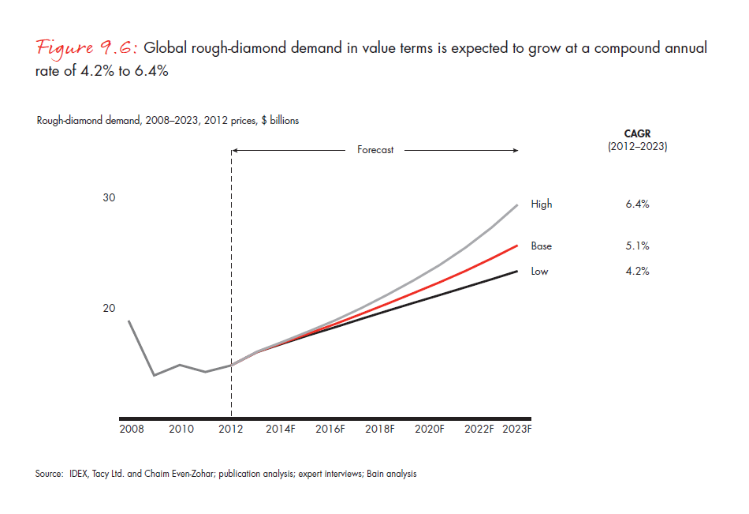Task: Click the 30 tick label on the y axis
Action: pyautogui.click(x=110, y=197)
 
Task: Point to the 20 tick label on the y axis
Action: pyautogui.click(x=110, y=308)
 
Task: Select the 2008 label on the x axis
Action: pyautogui.click(x=132, y=429)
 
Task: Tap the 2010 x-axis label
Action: pyautogui.click(x=181, y=429)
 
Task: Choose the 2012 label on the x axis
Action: pyautogui.click(x=231, y=429)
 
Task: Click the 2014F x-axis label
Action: pyautogui.click(x=281, y=429)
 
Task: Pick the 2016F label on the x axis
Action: pyautogui.click(x=330, y=429)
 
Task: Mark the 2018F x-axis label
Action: pyautogui.click(x=380, y=429)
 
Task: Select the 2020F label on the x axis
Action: pyautogui.click(x=430, y=429)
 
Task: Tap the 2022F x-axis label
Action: pyautogui.click(x=479, y=429)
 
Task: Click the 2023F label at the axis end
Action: pyautogui.click(x=517, y=429)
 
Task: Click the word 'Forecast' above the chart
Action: pyautogui.click(x=374, y=149)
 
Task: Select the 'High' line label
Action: pyautogui.click(x=542, y=204)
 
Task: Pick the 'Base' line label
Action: pyautogui.click(x=542, y=246)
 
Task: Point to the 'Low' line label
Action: pyautogui.click(x=540, y=272)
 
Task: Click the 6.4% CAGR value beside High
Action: pyautogui.click(x=636, y=204)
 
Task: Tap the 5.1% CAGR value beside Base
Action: pyautogui.click(x=636, y=246)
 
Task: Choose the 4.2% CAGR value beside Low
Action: pyautogui.click(x=636, y=272)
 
